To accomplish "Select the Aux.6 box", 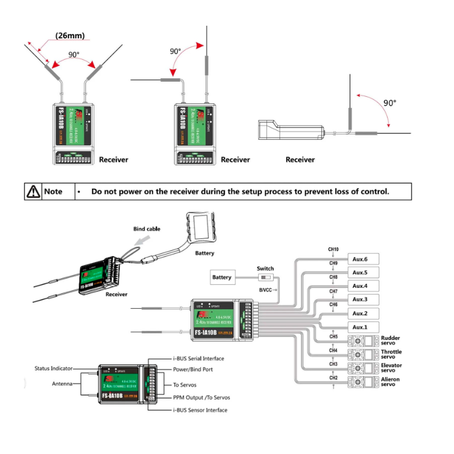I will point(360,259).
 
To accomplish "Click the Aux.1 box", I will point(360,327).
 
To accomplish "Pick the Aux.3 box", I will point(360,300).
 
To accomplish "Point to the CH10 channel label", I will point(333,249).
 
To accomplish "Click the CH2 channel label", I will point(333,378).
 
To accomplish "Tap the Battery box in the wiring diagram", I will point(222,277).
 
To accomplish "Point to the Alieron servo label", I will point(390,382).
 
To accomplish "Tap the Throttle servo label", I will point(391,354).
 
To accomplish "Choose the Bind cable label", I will point(146,229).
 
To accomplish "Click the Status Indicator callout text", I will point(55,369).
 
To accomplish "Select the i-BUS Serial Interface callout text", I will point(198,358).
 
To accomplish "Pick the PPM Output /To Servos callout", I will point(201,397).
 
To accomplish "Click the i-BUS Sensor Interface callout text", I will point(200,410).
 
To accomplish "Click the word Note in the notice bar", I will point(53,192).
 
